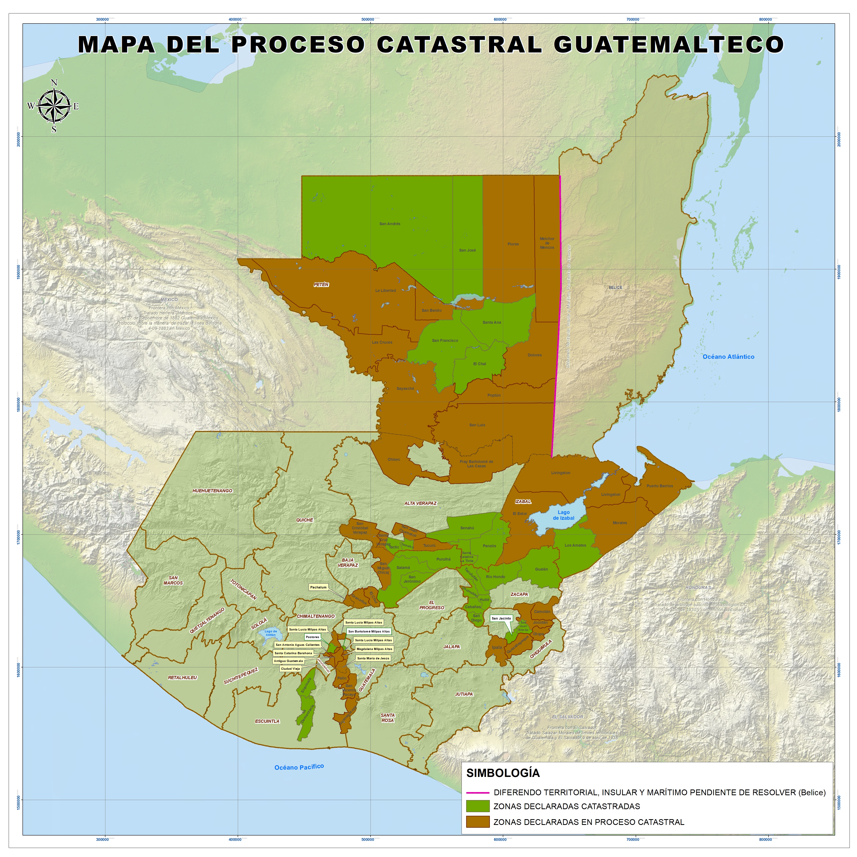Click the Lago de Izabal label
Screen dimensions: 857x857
563,515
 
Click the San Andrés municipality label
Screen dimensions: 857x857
390,224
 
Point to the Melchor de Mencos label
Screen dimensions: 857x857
547,243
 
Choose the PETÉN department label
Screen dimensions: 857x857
321,285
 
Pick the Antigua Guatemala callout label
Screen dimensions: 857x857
288,661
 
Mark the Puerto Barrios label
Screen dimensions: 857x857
660,486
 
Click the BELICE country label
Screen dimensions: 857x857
615,287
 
